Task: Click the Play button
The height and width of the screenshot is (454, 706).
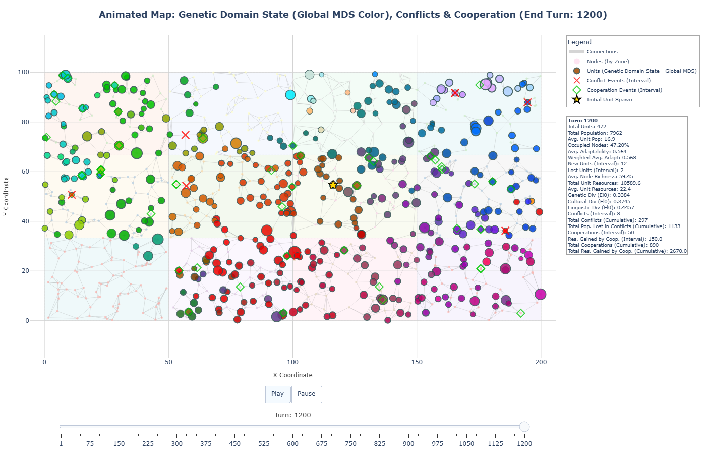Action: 277,394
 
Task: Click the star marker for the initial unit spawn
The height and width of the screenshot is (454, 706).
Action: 333,185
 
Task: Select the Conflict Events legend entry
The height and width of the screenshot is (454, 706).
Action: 618,81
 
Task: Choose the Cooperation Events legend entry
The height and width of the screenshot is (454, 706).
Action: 624,90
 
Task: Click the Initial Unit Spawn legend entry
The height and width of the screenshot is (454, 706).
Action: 609,100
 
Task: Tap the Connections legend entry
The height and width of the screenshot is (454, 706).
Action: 602,52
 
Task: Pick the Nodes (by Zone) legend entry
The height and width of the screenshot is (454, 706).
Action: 608,62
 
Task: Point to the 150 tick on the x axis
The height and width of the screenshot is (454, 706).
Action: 417,362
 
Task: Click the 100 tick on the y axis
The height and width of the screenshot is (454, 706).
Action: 24,72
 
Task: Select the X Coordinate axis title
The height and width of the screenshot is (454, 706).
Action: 292,375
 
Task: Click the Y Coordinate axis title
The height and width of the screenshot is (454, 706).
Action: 6,197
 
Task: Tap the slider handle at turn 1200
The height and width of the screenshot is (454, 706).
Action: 524,427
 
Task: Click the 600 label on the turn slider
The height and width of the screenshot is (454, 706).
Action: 293,444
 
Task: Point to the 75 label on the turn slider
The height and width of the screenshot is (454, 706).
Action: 90,444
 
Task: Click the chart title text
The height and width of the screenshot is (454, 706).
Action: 352,15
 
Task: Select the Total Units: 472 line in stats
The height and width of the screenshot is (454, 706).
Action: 586,127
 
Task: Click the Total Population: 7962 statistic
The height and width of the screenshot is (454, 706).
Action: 595,133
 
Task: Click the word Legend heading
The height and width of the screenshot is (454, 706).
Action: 579,42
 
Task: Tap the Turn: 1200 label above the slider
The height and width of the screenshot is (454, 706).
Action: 292,415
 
